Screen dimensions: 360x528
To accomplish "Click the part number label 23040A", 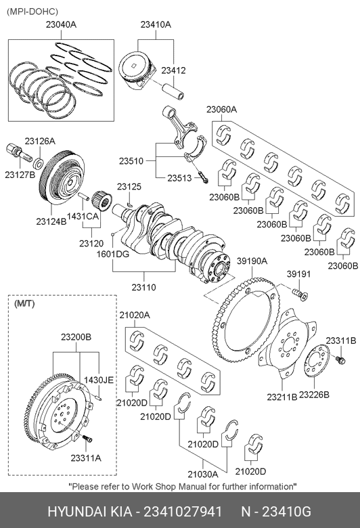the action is point(62,24).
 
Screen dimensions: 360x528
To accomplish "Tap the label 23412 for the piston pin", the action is point(173,70).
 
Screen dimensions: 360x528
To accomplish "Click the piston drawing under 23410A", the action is point(137,71).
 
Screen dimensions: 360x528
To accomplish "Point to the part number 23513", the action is point(179,178).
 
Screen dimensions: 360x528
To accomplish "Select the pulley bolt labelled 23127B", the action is point(18,153).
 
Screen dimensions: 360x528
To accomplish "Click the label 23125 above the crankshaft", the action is point(129,187).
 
